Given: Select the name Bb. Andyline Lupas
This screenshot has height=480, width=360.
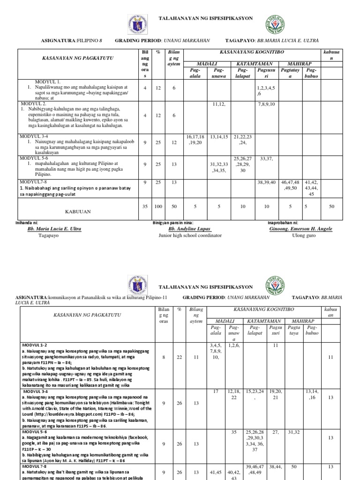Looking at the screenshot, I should point(189,229).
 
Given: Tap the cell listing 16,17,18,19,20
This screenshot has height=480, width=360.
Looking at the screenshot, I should point(196,139).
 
